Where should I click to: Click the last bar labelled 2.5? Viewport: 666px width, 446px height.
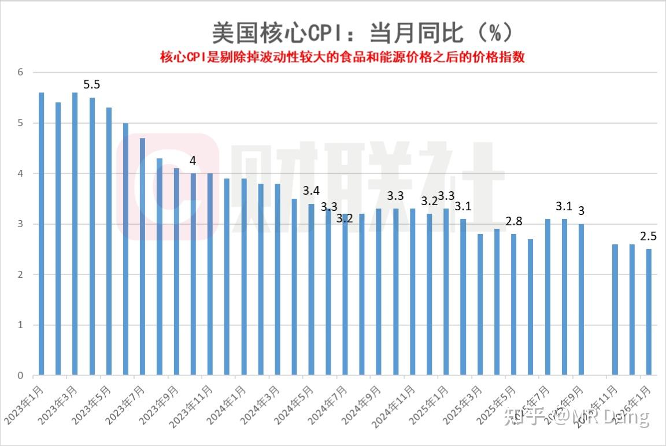point(649,312)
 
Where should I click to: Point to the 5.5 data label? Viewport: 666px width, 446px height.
point(92,85)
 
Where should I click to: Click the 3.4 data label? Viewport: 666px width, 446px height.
point(311,191)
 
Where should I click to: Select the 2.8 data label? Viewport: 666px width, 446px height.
point(514,221)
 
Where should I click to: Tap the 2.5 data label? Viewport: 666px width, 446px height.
point(649,236)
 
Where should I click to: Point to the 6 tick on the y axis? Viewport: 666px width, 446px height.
point(20,72)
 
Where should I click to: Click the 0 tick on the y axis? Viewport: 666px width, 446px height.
point(20,376)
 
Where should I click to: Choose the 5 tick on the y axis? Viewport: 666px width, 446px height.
point(20,123)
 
